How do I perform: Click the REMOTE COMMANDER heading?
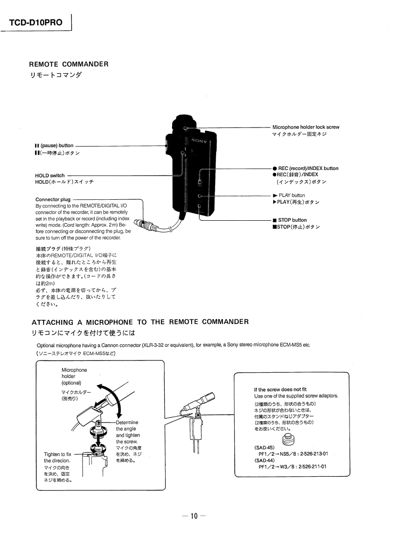pos(68,64)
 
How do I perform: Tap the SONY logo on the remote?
pos(199,141)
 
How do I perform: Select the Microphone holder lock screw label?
pos(306,127)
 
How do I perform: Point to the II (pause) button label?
pos(54,146)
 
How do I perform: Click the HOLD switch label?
pos(50,175)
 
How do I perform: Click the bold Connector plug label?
pos(53,199)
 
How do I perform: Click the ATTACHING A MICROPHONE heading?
pos(140,322)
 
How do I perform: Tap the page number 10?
pos(194,516)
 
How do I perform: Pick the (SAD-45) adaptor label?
pos(264,447)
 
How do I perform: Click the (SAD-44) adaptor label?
pos(264,460)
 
